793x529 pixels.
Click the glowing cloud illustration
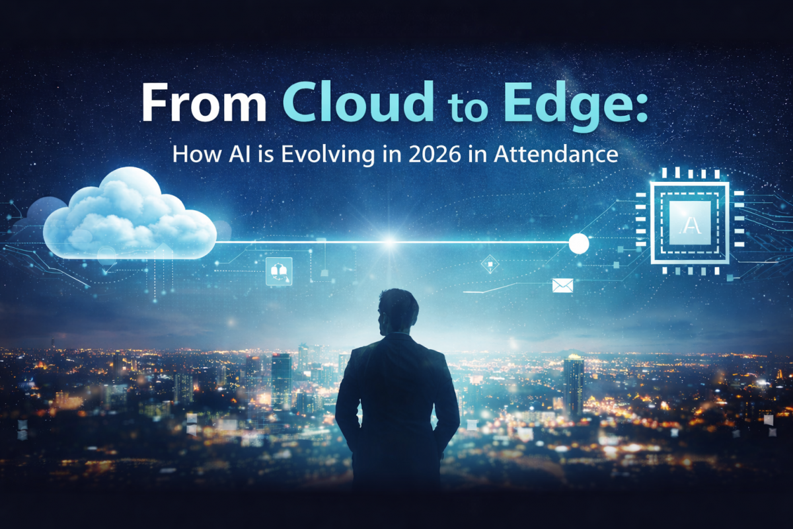[x=130, y=213]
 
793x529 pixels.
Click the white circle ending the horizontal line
[x=579, y=243]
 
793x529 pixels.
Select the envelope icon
[x=562, y=285]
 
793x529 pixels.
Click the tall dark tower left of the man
[x=281, y=380]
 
